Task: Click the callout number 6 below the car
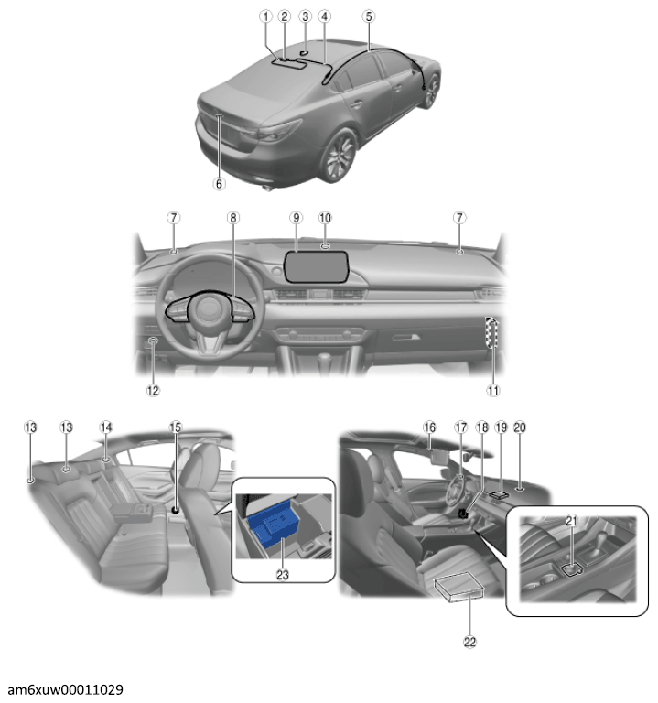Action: click(x=219, y=184)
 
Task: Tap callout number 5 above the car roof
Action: click(x=369, y=16)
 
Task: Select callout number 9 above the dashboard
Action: click(x=296, y=218)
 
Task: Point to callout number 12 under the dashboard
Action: click(x=153, y=391)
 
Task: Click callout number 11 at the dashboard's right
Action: click(x=493, y=391)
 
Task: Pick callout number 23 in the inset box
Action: click(x=283, y=575)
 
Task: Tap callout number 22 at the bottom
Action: click(x=469, y=642)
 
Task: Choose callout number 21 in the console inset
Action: click(x=571, y=521)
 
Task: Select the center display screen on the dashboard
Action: click(x=316, y=266)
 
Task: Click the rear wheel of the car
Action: click(x=340, y=155)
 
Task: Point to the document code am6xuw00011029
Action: click(x=66, y=689)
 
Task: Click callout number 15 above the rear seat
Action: click(x=176, y=427)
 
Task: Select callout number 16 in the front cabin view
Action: click(x=429, y=427)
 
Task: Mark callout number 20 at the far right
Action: click(x=520, y=427)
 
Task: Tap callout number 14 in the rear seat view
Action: click(x=106, y=427)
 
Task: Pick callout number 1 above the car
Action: click(x=265, y=16)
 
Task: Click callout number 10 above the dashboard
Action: click(x=325, y=218)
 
